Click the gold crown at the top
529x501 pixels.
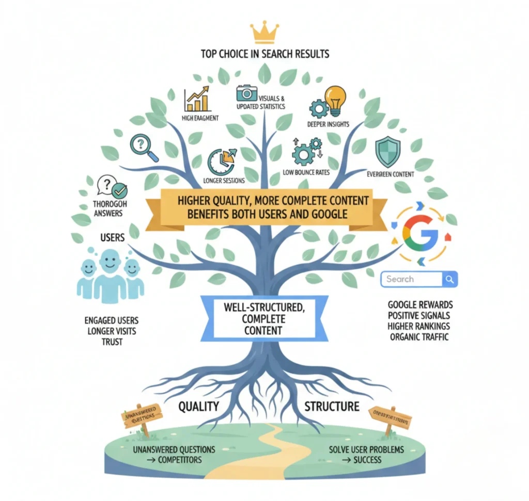click(x=264, y=33)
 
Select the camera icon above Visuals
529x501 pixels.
click(x=246, y=93)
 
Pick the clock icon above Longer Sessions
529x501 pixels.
click(x=221, y=161)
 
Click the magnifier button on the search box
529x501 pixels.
click(x=450, y=279)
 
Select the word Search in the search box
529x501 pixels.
click(x=400, y=279)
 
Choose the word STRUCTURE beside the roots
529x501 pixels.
click(x=332, y=407)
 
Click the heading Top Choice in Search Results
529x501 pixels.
click(x=264, y=54)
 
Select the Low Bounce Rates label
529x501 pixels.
click(x=306, y=172)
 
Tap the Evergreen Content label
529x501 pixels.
click(x=390, y=174)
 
